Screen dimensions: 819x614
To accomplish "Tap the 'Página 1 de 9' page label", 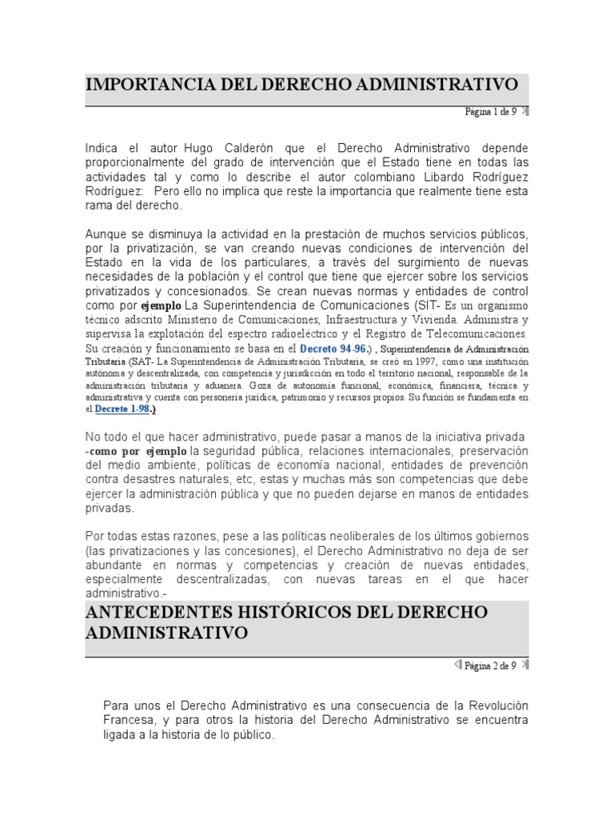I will (491, 112).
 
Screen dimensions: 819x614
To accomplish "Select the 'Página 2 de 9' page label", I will (491, 665).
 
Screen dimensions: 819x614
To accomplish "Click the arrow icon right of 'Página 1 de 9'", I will (524, 112).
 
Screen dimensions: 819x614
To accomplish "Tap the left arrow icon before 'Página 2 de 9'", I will (457, 665).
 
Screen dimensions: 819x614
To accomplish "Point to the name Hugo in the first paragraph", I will (200, 148).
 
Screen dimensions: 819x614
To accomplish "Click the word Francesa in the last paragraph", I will (130, 721).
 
